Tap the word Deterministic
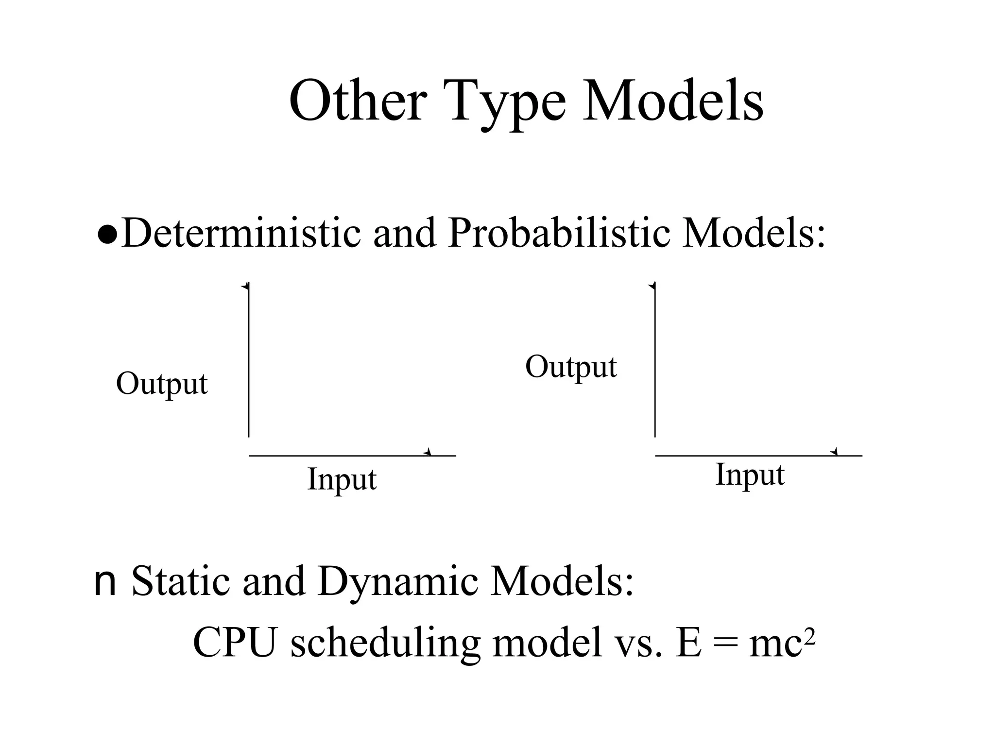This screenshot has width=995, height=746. click(241, 234)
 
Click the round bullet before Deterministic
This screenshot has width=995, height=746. click(107, 236)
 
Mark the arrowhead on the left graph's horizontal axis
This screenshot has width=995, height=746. click(428, 453)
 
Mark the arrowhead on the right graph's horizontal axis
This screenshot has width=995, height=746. click(834, 453)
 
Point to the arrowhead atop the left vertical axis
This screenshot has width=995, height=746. click(246, 286)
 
